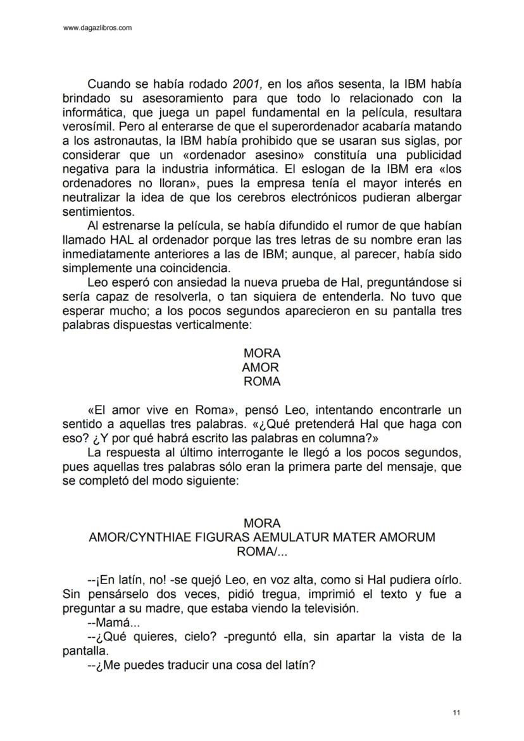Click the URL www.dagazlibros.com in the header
point(98,28)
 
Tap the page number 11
point(456,713)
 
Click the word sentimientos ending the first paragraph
point(98,212)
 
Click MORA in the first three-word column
point(262,353)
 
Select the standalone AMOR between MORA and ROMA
point(260,368)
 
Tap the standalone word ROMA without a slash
point(262,382)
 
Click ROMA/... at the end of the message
point(261,551)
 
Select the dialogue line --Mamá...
point(109,623)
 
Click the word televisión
point(329,609)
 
